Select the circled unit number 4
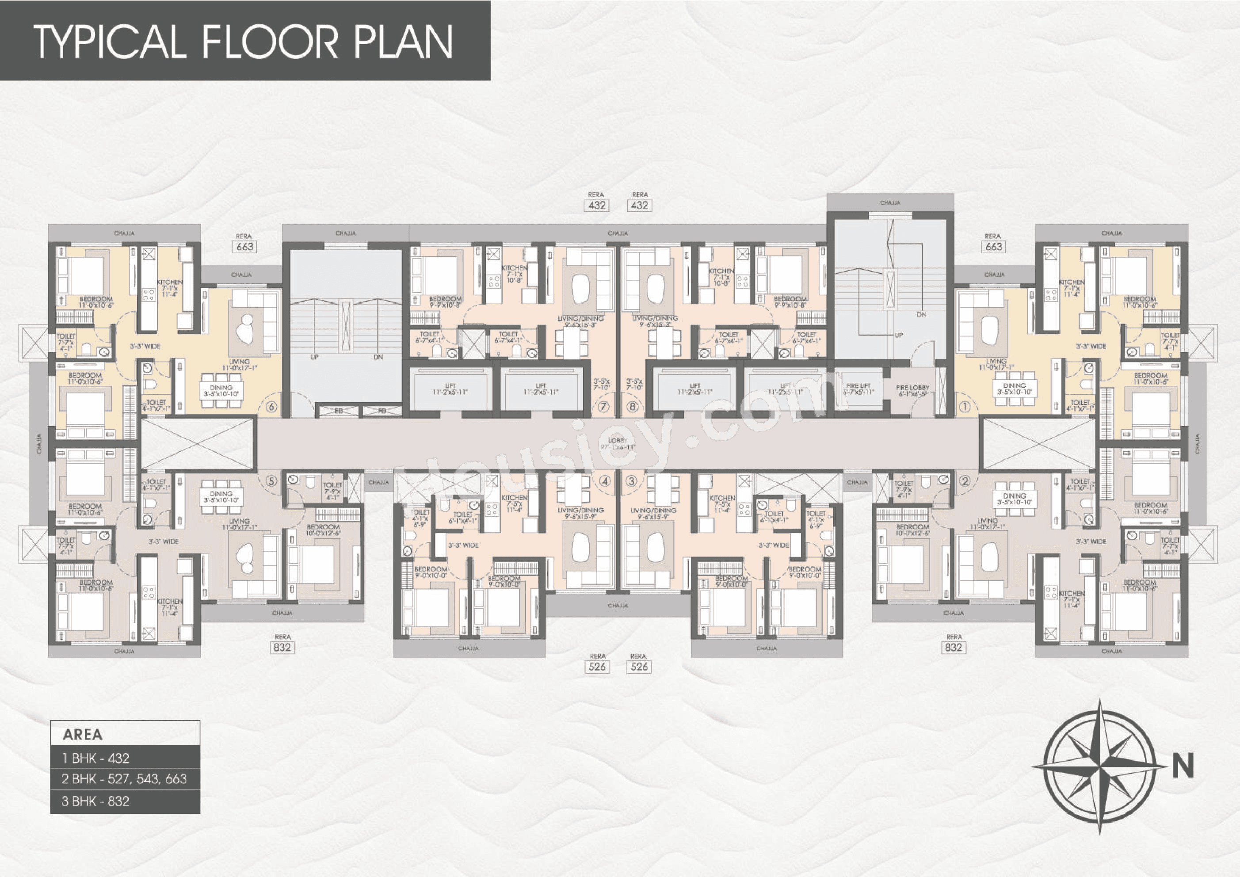606,480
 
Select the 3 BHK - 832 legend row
125,801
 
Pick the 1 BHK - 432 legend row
125,758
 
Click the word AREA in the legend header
83,734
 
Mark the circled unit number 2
965,480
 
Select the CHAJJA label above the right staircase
889,202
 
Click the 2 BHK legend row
125,779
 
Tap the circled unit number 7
604,407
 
